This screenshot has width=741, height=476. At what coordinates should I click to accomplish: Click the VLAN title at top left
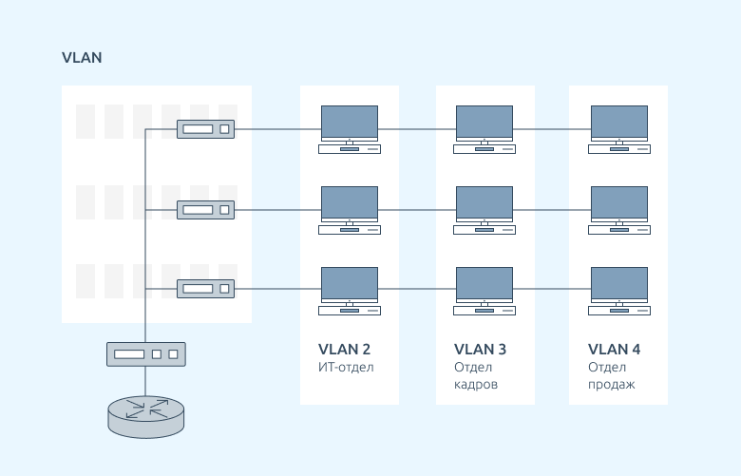pyautogui.click(x=82, y=58)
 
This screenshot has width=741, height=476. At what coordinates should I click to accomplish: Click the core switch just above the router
pyautogui.click(x=145, y=354)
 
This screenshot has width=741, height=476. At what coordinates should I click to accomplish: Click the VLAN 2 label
pyautogui.click(x=344, y=350)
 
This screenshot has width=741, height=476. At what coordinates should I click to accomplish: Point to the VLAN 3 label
pyautogui.click(x=480, y=350)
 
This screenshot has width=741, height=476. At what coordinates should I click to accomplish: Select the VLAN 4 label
pyautogui.click(x=614, y=350)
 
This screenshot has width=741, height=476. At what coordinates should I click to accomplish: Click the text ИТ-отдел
pyautogui.click(x=347, y=368)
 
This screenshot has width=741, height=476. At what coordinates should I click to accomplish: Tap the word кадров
pyautogui.click(x=476, y=386)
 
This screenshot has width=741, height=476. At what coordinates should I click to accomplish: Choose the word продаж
pyautogui.click(x=612, y=386)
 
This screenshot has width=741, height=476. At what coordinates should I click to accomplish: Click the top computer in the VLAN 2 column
pyautogui.click(x=350, y=129)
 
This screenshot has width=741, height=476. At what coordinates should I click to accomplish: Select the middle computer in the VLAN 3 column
pyautogui.click(x=484, y=209)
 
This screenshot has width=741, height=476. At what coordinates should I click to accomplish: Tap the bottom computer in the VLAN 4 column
pyautogui.click(x=619, y=290)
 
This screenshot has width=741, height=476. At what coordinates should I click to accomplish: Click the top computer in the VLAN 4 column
pyautogui.click(x=619, y=129)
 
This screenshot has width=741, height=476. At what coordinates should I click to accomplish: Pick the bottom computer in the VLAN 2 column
pyautogui.click(x=350, y=290)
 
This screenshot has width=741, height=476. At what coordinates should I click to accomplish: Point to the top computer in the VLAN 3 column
pyautogui.click(x=484, y=129)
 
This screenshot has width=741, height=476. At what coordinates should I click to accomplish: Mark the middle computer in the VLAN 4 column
pyautogui.click(x=619, y=209)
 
